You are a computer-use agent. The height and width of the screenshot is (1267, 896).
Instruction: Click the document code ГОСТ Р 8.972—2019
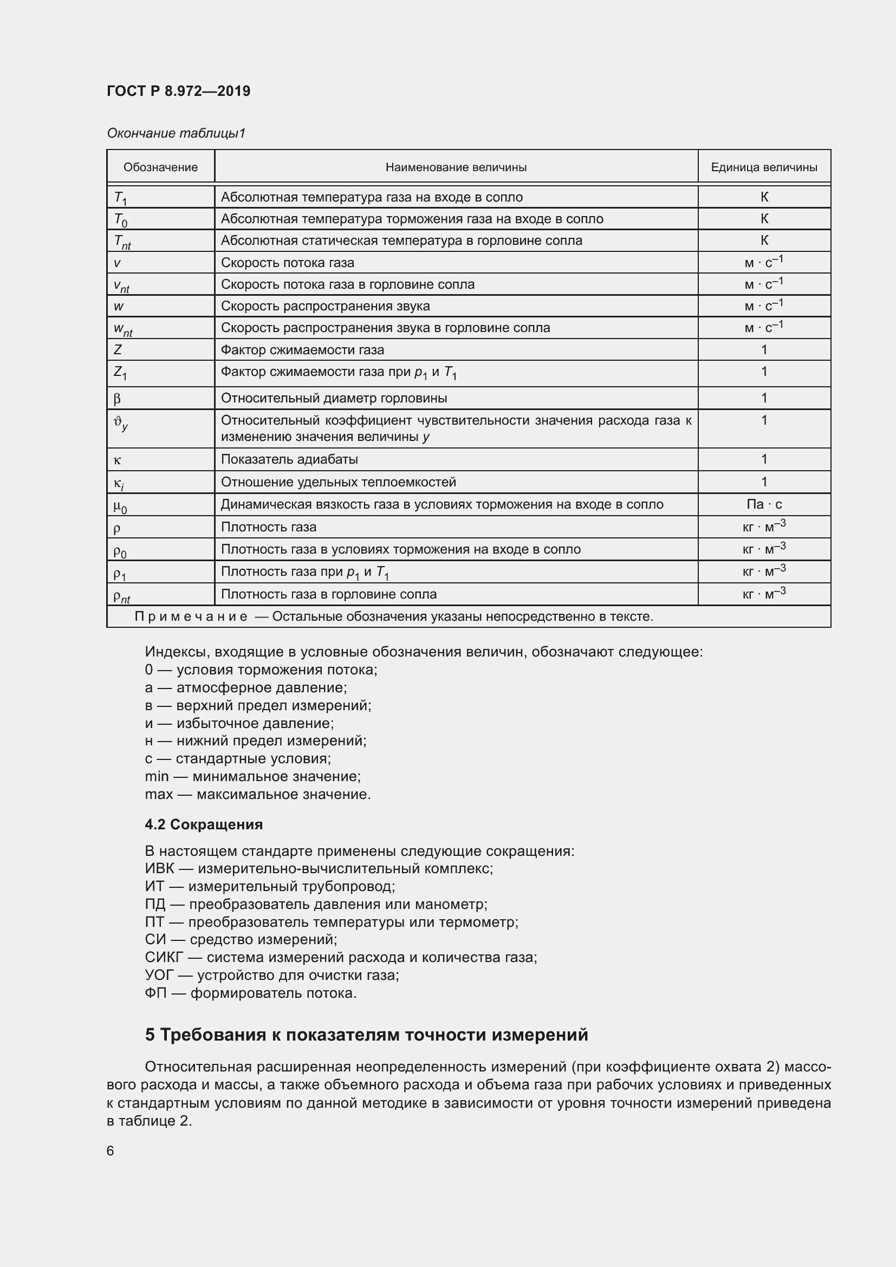(x=178, y=91)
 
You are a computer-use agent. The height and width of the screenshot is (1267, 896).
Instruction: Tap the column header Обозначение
(x=160, y=167)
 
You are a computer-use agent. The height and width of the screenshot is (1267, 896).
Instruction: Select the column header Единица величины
(x=764, y=167)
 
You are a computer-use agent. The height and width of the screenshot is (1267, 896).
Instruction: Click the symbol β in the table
(x=117, y=399)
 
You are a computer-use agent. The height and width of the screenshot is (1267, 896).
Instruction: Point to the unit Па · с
(x=764, y=504)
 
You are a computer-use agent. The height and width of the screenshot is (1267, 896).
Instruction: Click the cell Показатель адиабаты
(x=289, y=459)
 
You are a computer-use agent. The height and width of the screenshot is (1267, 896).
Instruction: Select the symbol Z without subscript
(x=118, y=350)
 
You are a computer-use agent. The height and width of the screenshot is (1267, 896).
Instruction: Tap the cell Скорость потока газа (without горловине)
(x=288, y=263)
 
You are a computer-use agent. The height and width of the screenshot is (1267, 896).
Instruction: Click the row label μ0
(x=120, y=505)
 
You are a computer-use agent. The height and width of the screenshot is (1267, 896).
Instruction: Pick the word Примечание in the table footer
(x=191, y=616)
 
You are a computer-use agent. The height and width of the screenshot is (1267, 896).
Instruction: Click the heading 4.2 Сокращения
(x=204, y=824)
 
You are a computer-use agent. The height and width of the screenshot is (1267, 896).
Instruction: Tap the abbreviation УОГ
(x=159, y=975)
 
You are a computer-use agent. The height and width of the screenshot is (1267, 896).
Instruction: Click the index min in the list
(x=157, y=776)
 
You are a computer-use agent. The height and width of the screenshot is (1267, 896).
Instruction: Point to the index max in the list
(x=158, y=794)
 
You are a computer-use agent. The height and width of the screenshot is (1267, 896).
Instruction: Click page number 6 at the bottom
(x=111, y=1151)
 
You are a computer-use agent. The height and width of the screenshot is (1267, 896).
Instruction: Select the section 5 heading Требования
(x=366, y=1035)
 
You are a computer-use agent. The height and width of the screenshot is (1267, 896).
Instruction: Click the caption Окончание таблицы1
(x=176, y=133)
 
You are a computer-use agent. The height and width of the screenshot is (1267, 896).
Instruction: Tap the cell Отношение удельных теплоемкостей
(x=338, y=482)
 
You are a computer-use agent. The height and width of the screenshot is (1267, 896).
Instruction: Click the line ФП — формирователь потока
(x=250, y=993)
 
